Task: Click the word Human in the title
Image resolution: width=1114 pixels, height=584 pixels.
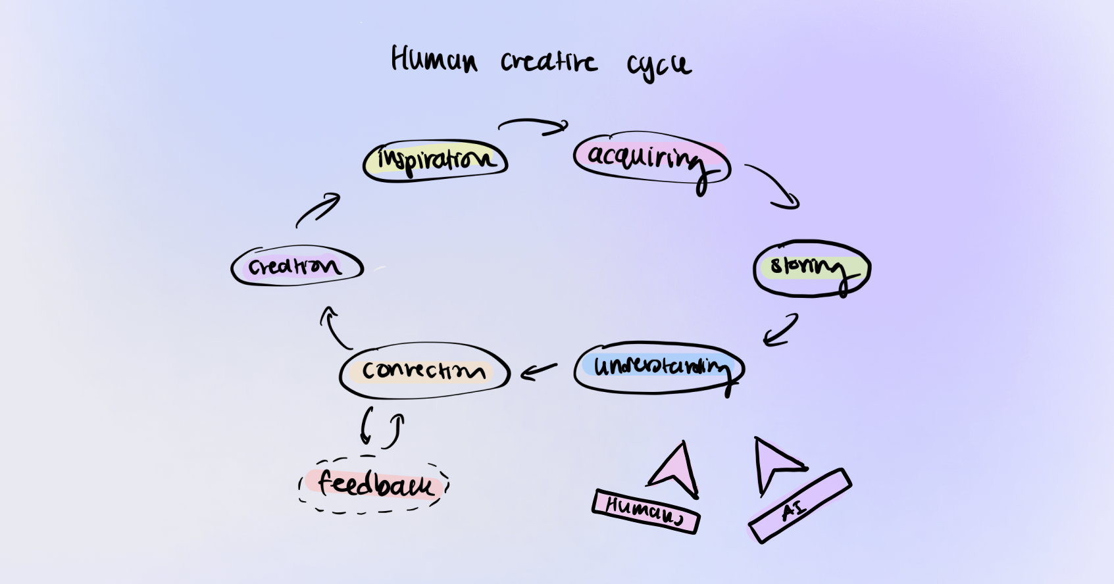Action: coord(434,60)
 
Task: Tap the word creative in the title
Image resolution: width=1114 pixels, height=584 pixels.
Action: coord(549,62)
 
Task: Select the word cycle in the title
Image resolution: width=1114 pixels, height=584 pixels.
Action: coord(658,64)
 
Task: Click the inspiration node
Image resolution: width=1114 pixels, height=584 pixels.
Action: coord(435,160)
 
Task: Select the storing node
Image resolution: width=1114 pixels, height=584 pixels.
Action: coord(811,268)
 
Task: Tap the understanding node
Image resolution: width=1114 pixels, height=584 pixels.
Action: coord(659,367)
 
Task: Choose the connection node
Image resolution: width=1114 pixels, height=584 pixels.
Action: coord(424,370)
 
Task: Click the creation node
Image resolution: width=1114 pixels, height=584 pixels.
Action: coord(297,266)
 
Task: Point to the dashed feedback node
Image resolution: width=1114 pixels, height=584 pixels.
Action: coord(374,485)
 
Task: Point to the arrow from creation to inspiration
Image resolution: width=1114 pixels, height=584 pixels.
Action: coord(318,210)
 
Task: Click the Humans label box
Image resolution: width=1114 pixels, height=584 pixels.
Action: coord(646,511)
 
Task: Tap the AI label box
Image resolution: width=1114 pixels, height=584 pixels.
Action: coord(799,506)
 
